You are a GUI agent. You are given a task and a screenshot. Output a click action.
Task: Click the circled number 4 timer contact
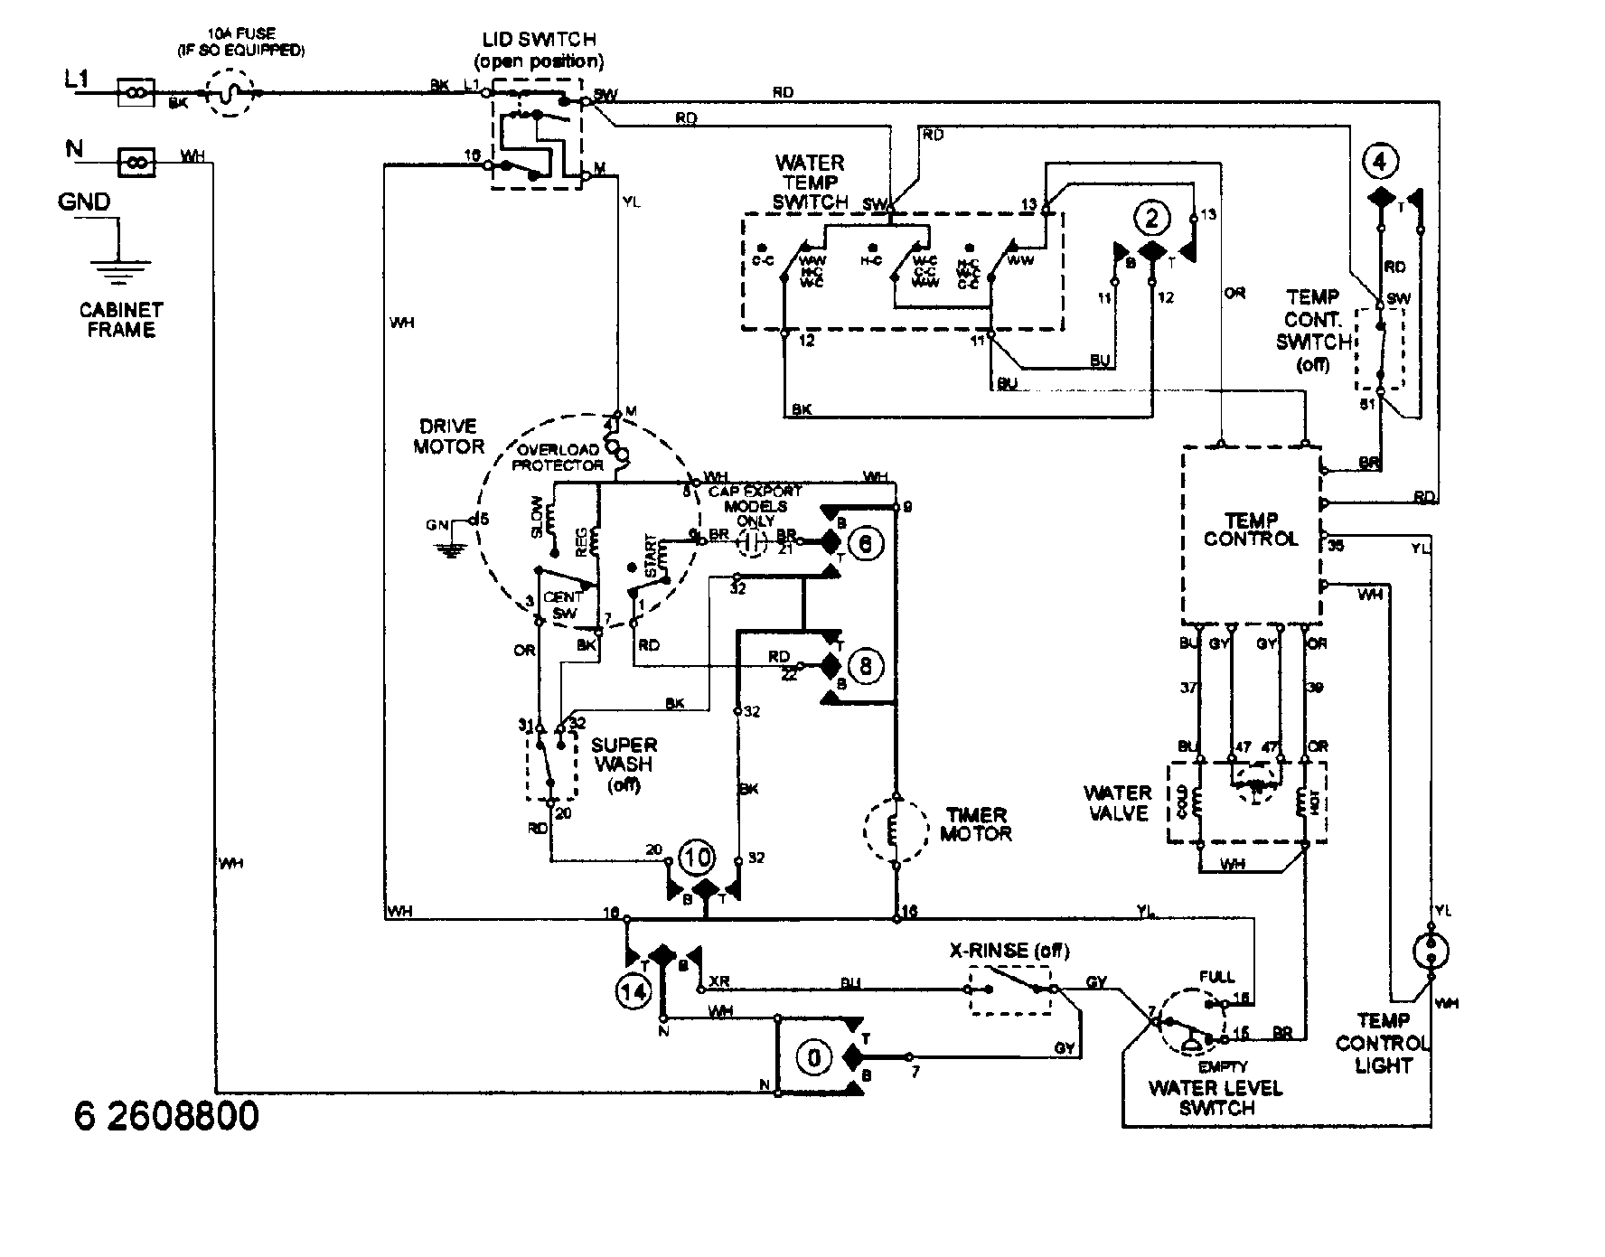point(1379,163)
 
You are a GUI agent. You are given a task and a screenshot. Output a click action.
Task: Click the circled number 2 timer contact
point(1150,218)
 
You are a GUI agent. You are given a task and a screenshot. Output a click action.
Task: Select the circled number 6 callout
point(864,544)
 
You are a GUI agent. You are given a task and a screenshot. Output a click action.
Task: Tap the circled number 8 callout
point(865,667)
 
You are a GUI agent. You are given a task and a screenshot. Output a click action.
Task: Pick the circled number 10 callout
point(698,857)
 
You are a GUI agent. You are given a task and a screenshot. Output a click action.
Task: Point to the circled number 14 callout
point(633,991)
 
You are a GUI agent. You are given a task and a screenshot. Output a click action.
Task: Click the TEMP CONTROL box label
point(1251,530)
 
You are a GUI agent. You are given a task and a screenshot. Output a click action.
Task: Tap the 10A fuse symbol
point(231,92)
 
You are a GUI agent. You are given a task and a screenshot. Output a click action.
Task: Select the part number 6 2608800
point(166,1116)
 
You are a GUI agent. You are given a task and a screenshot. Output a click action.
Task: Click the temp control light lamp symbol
point(1431,951)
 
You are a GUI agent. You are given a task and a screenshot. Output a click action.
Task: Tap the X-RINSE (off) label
point(1009,951)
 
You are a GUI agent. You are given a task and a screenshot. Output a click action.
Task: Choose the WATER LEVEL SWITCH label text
point(1215,1097)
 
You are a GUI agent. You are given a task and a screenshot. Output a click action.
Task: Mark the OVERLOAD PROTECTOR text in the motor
point(558,458)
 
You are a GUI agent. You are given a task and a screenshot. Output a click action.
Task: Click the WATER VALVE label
point(1117,802)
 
